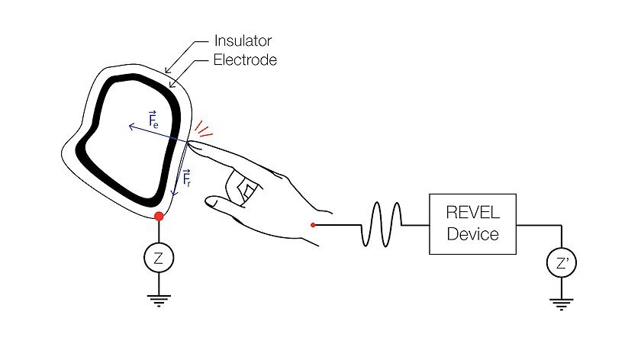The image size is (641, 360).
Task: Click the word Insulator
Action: pos(242,40)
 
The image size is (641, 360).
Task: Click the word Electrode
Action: pos(244,59)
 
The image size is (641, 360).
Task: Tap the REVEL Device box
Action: pos(472,223)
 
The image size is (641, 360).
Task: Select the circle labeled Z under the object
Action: pos(159,258)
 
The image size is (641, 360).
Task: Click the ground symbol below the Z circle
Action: pos(159,300)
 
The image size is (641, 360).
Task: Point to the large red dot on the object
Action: pos(159,217)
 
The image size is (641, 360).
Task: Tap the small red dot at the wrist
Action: pos(314,225)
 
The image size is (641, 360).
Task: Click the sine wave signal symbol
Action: pos(380,224)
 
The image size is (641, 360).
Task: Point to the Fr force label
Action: pos(187,180)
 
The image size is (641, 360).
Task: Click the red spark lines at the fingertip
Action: pos(204,129)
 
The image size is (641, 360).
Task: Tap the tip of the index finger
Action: pos(190,141)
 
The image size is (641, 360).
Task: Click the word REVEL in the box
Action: pos(472,214)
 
